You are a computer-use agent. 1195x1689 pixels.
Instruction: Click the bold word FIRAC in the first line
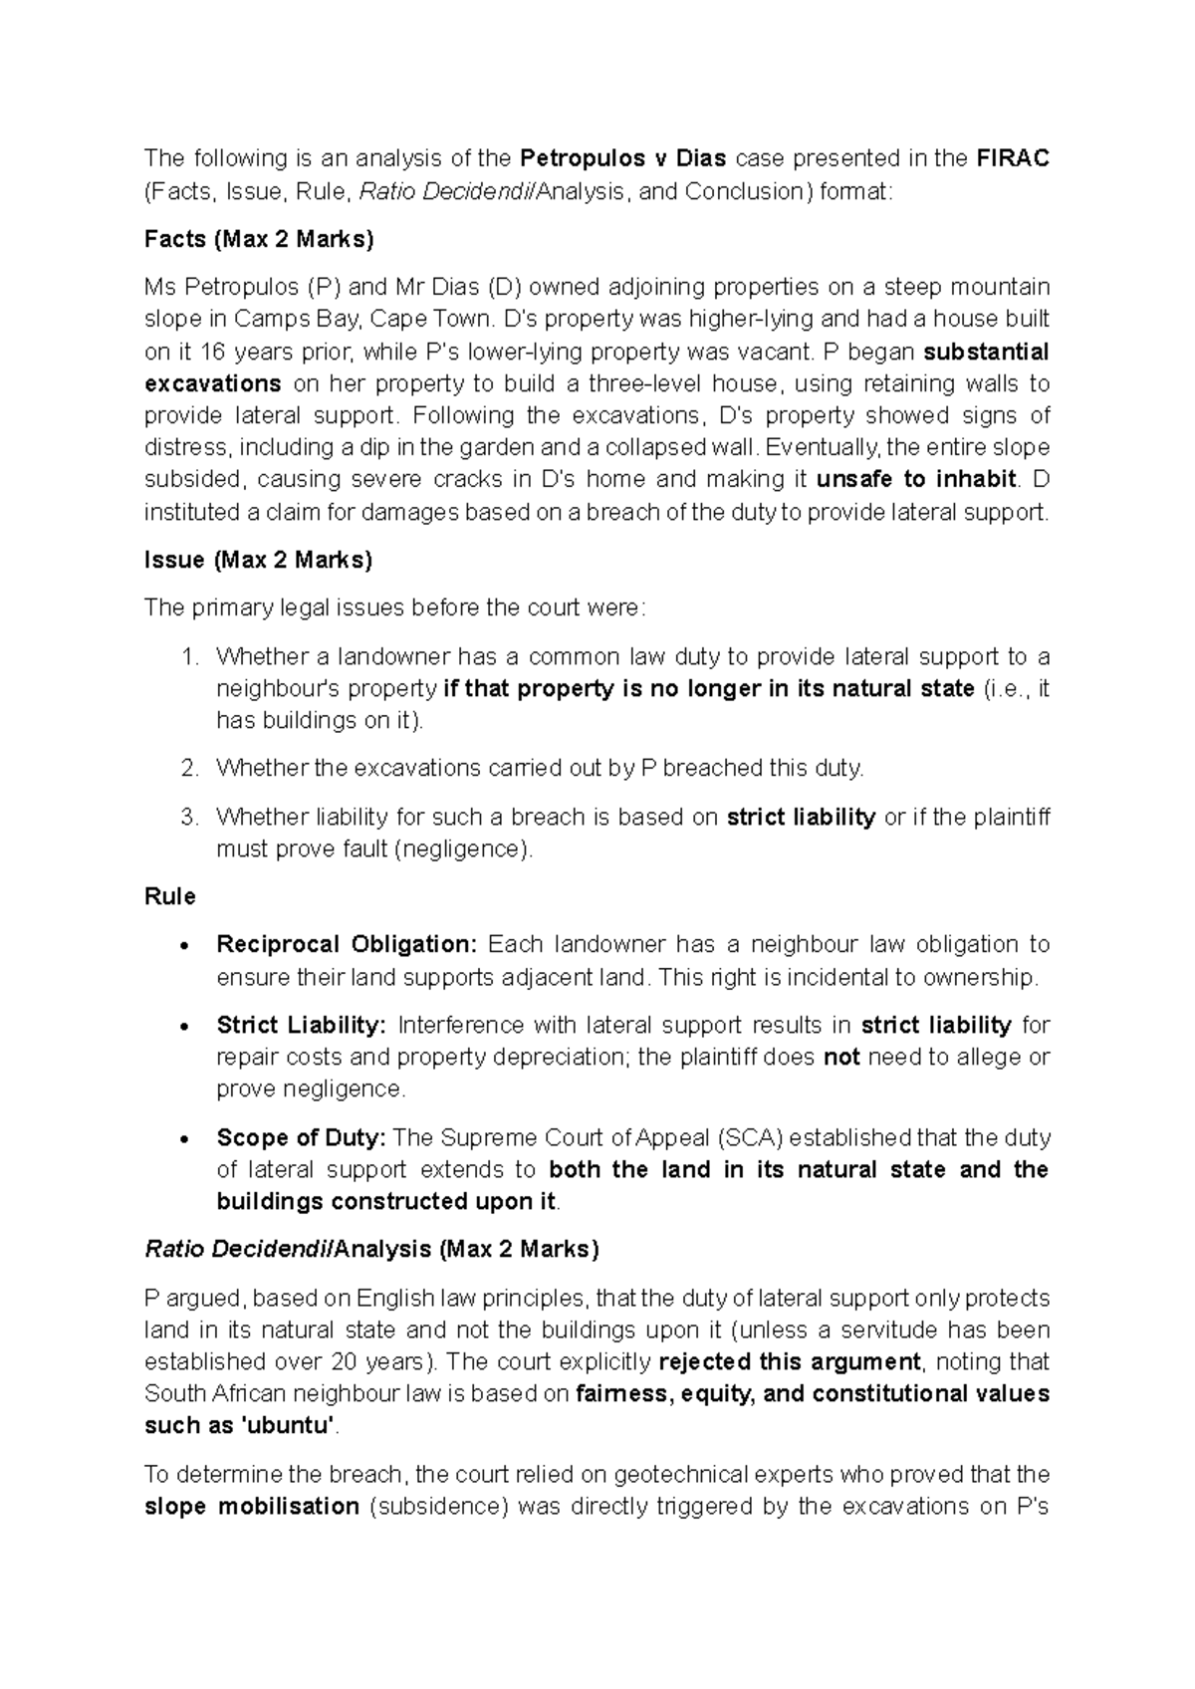coord(1013,158)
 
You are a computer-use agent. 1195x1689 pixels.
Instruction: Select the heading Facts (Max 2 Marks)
coord(259,239)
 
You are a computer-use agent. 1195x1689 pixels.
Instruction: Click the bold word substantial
coord(986,352)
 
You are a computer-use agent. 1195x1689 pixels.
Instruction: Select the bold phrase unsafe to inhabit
coord(916,479)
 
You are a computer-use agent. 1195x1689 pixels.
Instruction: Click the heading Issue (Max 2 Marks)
coord(258,560)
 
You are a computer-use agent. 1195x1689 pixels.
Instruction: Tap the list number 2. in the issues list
coord(190,768)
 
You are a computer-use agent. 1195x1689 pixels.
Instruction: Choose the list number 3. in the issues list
coord(190,818)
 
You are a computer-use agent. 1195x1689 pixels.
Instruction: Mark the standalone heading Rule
coord(170,896)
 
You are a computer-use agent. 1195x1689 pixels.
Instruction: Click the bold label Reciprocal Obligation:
coord(348,944)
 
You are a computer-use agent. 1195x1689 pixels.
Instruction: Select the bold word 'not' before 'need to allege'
coord(841,1057)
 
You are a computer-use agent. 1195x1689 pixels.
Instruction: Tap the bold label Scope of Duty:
coord(301,1137)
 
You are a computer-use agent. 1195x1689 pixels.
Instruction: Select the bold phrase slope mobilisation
coord(252,1506)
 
